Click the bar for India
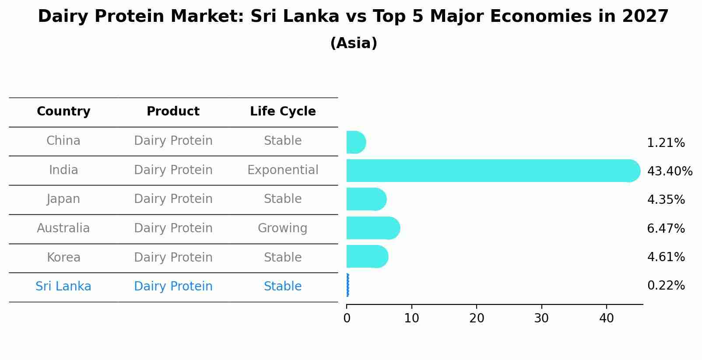click(x=492, y=171)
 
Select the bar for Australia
click(x=373, y=228)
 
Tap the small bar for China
click(x=355, y=142)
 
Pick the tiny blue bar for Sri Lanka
click(x=347, y=285)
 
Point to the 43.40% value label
click(x=670, y=171)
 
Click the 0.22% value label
click(x=666, y=286)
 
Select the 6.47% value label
click(x=666, y=228)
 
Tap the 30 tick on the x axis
click(x=541, y=318)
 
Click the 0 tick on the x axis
click(x=347, y=318)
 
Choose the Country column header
click(x=63, y=112)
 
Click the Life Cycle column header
click(x=283, y=112)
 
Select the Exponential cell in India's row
click(x=283, y=170)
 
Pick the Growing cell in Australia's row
click(x=283, y=228)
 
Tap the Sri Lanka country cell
click(x=63, y=287)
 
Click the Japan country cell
click(x=63, y=199)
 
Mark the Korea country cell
click(x=63, y=257)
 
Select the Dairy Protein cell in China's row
click(x=173, y=141)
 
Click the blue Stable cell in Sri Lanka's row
click(x=283, y=287)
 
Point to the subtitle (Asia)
click(x=354, y=43)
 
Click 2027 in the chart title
click(x=645, y=17)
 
